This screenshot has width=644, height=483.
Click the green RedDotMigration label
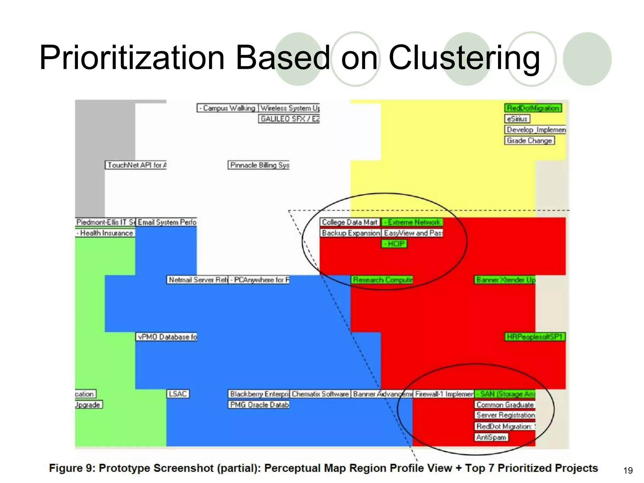coord(533,108)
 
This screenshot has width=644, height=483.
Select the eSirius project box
coord(517,119)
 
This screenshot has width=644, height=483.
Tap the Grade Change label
coord(529,141)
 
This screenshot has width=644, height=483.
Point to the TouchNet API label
coord(136,165)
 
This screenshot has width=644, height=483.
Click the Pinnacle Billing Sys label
coord(259,165)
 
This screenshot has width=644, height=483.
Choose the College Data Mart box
coord(350,222)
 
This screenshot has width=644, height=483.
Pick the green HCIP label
coord(394,244)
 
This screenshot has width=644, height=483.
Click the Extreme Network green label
coord(412,222)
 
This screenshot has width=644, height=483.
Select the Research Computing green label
coord(382,280)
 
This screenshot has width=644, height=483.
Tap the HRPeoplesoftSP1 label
coord(535,337)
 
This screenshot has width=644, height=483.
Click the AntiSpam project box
coord(491,437)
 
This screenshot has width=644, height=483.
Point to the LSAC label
coord(178,394)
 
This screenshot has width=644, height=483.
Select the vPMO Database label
coord(167,337)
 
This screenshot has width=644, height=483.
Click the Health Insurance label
coord(105,233)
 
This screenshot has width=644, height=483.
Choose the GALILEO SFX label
coord(289,119)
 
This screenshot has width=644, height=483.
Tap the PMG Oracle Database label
coord(259,405)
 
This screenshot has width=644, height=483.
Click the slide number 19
coord(628,470)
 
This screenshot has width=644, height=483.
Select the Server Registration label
coord(505,415)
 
